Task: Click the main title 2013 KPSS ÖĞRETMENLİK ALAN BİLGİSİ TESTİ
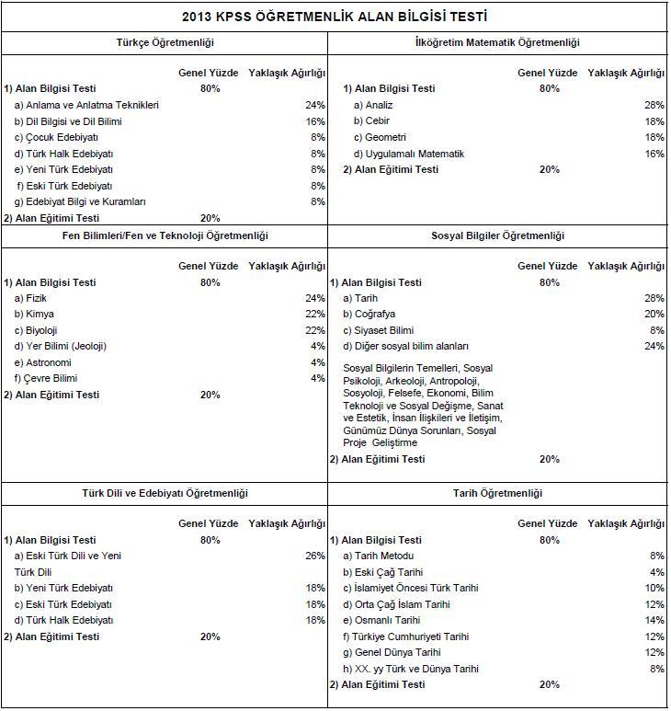coord(335,16)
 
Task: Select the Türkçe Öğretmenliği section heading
coord(165,42)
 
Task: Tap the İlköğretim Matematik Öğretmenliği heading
coord(497,42)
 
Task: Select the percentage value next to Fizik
coord(315,298)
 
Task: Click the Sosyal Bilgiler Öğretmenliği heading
coord(497,236)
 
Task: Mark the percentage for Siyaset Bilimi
coord(656,330)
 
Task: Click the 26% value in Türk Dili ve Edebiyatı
coord(315,556)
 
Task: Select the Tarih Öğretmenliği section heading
coord(497,493)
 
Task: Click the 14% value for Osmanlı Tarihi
coord(654,620)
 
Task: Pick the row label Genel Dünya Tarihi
coord(392,652)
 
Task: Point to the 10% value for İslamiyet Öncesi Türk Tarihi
coord(654,588)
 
